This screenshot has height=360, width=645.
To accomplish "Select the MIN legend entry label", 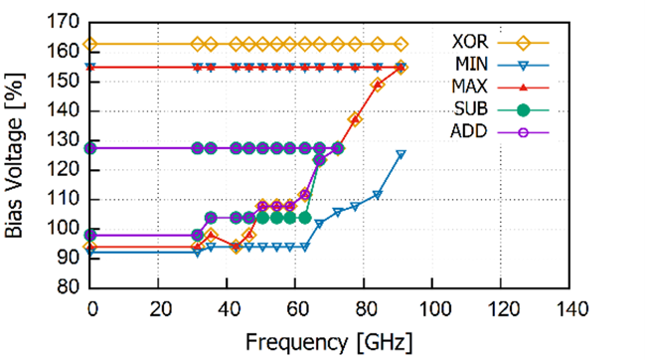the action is [x=471, y=65].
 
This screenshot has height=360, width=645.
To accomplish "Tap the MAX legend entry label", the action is [x=470, y=87].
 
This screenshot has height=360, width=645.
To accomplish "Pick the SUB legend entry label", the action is [x=471, y=109].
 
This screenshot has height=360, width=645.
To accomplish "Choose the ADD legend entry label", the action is [x=469, y=132].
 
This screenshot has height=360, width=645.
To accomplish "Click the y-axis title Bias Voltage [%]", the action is [x=15, y=155].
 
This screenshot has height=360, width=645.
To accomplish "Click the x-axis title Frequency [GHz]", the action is [x=329, y=342].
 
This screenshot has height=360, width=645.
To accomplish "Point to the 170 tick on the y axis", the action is [x=64, y=22].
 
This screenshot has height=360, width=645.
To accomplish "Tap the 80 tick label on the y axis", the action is [x=69, y=287].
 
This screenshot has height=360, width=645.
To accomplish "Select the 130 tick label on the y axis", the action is [x=64, y=140].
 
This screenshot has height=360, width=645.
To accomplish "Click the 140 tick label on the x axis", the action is [x=569, y=309].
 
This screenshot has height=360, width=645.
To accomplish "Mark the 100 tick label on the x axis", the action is [x=432, y=309].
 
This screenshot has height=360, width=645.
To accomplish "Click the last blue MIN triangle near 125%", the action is [x=401, y=155].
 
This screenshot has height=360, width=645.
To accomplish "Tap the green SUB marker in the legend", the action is [x=523, y=110].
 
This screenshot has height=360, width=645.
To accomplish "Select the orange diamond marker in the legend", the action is [x=523, y=43].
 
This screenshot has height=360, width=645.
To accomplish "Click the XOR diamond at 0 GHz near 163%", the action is [x=90, y=44].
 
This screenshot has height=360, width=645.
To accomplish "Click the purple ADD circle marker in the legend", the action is [x=523, y=133].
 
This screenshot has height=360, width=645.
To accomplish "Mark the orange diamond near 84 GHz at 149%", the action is [x=378, y=86].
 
